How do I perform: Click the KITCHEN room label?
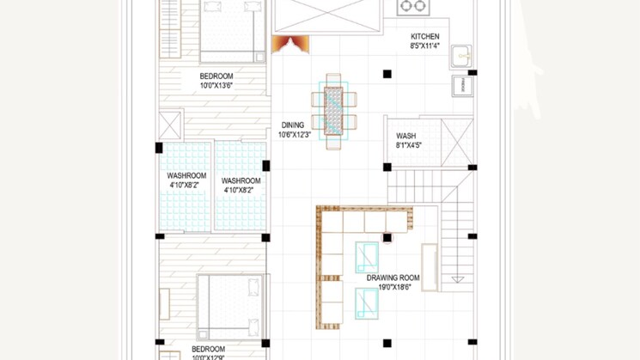coord(425,36)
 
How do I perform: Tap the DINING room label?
coord(293,125)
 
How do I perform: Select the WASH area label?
coord(406,136)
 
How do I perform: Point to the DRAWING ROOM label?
coord(393,278)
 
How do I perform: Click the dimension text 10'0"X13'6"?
coord(216,85)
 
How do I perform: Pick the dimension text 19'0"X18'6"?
coord(394,287)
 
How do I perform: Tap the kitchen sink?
coord(461,57)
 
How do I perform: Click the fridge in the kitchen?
coord(462,86)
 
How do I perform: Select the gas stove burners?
coord(413,6)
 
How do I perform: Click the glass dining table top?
coord(333,111)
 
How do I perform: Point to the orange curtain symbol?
coord(290,44)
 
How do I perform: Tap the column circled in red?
coord(387,237)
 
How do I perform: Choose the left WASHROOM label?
coord(186,175)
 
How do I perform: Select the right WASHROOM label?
coord(241,180)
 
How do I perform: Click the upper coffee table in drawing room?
coord(367,258)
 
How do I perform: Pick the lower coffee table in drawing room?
coord(367,303)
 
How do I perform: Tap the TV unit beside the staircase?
coord(430,267)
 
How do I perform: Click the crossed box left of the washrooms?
coord(170,125)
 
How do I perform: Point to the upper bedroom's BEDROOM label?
coord(216,76)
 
